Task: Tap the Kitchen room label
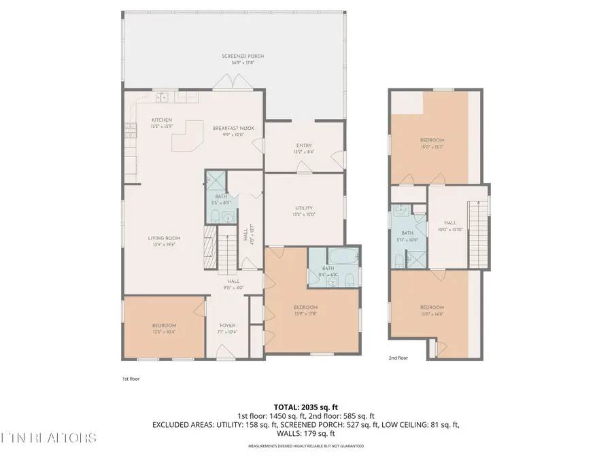pos(161,123)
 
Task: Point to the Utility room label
pos(304,211)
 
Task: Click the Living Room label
pos(163,241)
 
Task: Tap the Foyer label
pos(227,328)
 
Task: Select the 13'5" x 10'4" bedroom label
pos(164,328)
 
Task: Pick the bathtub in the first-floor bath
pos(341,258)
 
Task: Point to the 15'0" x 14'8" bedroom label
pos(432,310)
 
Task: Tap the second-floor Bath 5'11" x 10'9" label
pos(407,235)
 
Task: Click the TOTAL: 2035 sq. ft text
pos(305,405)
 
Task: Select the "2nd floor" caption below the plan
pos(398,358)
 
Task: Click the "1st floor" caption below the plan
pos(130,378)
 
